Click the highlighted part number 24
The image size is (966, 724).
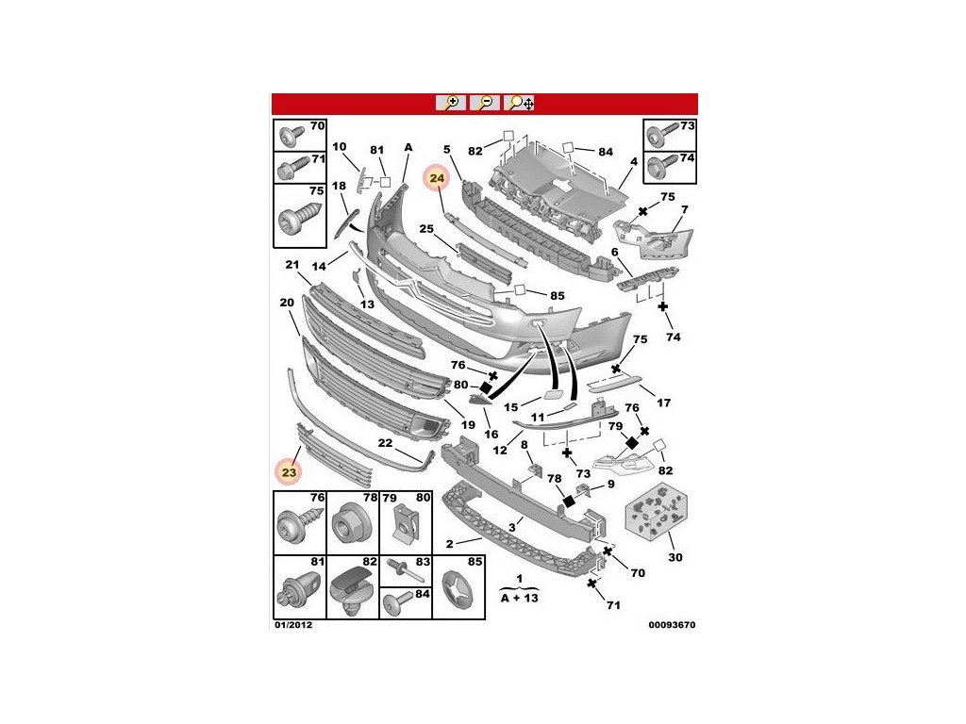coord(437,178)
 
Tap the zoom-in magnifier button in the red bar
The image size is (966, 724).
coord(450,103)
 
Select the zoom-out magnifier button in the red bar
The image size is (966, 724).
coord(485,103)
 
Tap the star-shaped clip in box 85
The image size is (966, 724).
coord(456,596)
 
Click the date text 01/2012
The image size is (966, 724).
coord(293,624)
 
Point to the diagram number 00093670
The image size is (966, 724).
coord(672,624)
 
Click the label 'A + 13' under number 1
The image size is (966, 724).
coord(518,599)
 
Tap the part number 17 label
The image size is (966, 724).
coord(663,403)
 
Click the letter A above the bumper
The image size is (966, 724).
coord(408,147)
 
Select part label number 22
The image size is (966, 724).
coord(385,443)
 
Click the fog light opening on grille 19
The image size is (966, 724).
coord(427,430)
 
